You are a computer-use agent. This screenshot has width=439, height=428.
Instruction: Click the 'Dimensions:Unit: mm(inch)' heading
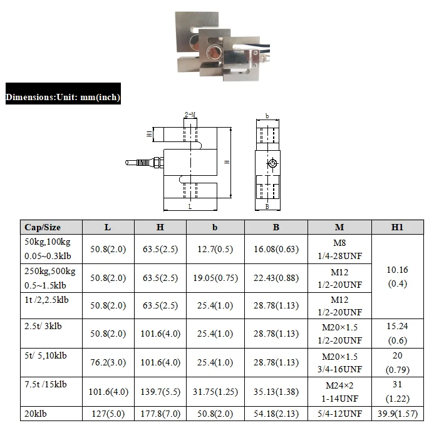[63, 98]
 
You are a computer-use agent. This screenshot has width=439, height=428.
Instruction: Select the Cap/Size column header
[42, 227]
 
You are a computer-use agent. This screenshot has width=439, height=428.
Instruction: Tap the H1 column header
[397, 227]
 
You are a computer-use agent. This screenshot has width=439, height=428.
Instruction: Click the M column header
[339, 227]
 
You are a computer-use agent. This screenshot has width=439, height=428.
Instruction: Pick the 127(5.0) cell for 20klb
[108, 414]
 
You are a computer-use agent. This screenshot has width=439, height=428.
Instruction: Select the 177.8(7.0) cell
[161, 414]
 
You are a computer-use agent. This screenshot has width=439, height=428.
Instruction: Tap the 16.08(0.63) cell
[276, 249]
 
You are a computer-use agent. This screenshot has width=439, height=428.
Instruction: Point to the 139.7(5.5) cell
[161, 392]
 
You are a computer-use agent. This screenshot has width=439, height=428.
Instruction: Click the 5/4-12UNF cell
[339, 414]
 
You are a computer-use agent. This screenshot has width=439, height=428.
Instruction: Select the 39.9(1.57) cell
[397, 414]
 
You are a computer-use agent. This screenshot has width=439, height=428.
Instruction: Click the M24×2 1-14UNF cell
[339, 392]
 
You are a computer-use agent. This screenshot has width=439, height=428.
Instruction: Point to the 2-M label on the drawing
[190, 115]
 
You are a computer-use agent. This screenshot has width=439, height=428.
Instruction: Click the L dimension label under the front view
[190, 205]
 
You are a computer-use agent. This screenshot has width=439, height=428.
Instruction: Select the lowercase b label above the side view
[267, 116]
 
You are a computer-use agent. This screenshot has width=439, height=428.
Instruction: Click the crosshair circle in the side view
[272, 164]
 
